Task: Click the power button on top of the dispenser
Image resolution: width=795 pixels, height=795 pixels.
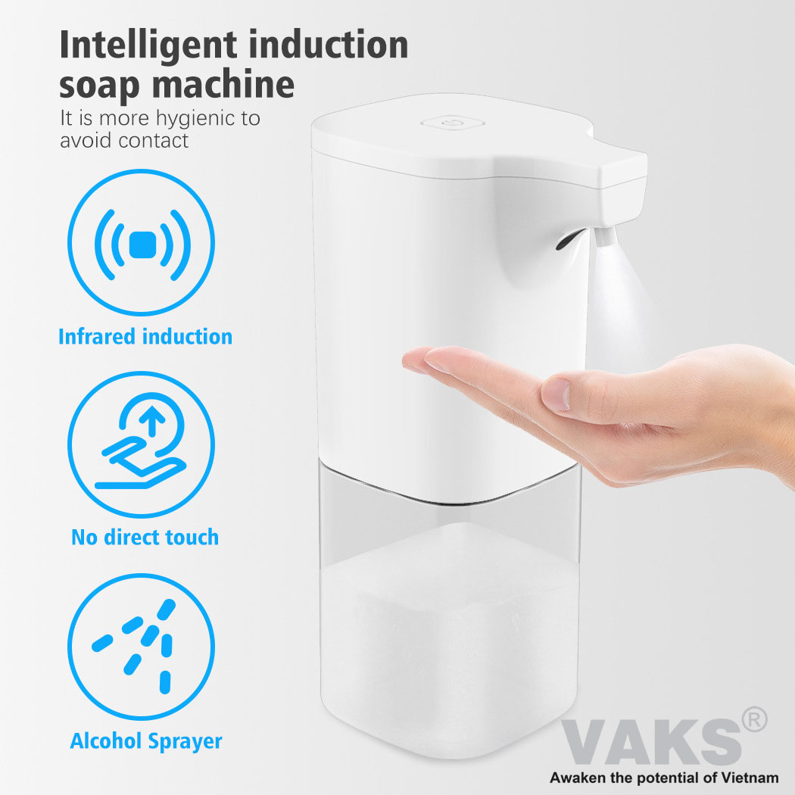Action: tap(452, 122)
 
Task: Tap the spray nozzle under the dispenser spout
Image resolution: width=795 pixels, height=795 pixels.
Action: tap(606, 235)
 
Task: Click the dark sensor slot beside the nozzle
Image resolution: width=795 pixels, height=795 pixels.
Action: tap(570, 239)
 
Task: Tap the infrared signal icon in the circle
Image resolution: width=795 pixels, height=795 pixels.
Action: tap(142, 245)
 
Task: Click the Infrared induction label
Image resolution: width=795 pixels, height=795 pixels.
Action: tap(145, 337)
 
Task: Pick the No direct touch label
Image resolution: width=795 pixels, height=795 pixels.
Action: tap(145, 538)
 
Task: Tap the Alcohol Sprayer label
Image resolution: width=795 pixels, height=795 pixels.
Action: tap(146, 741)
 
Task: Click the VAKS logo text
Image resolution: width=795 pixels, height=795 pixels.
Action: tap(652, 742)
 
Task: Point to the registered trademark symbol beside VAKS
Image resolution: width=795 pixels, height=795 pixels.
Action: tap(754, 719)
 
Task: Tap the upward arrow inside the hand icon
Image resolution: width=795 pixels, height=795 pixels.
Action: tap(151, 421)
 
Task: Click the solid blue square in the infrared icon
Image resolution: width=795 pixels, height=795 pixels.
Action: tap(142, 245)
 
